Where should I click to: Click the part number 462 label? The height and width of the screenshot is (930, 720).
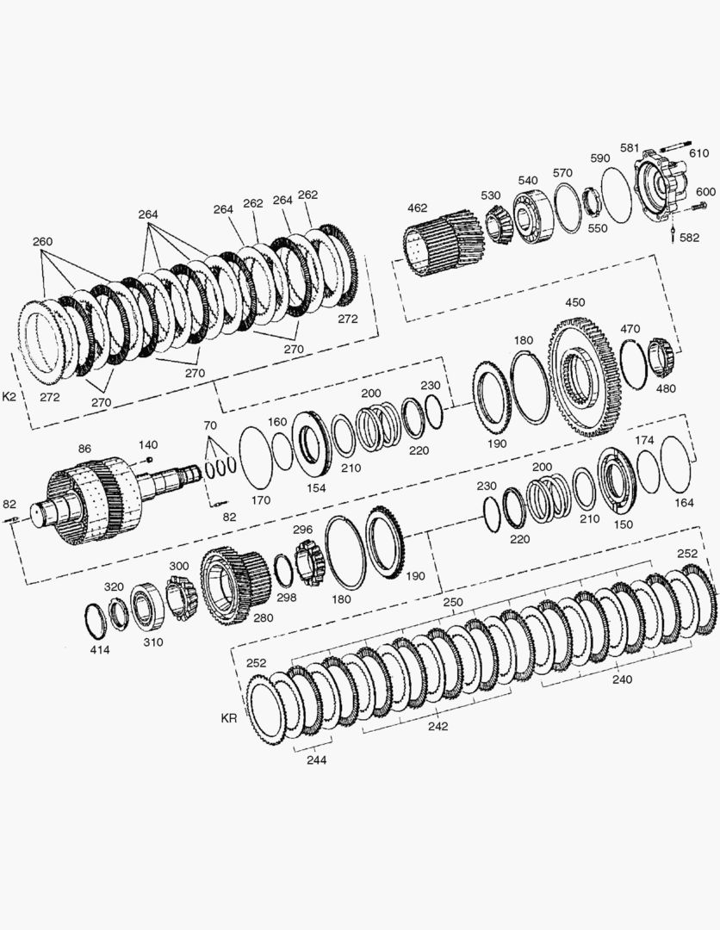(418, 208)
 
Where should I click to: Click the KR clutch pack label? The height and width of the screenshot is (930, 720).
(229, 718)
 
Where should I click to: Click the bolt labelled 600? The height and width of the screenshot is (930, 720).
(699, 207)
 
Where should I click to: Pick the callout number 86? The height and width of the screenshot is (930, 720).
(84, 449)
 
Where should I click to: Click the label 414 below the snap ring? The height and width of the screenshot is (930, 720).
(100, 649)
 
